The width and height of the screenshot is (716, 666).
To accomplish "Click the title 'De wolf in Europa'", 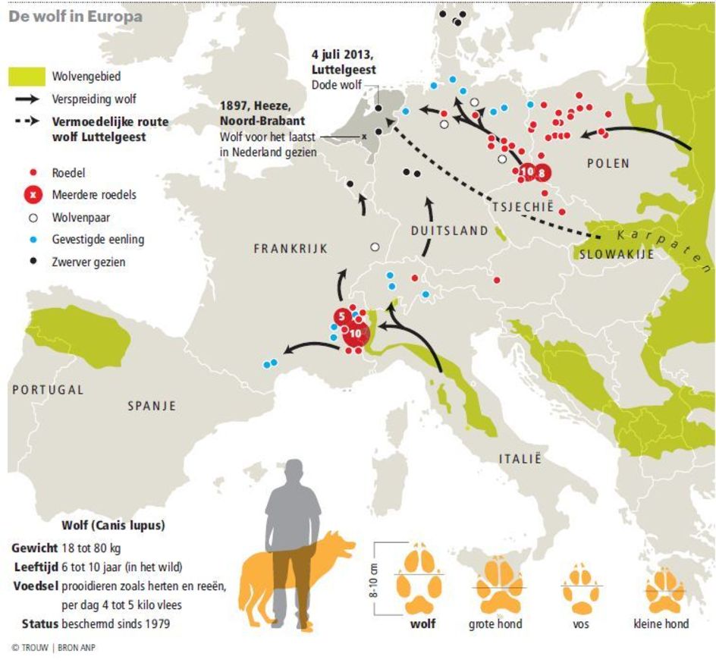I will (x=64, y=16).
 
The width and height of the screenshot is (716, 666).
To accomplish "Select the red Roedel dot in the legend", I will (x=33, y=173).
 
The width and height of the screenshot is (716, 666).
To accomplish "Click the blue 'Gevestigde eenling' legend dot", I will (x=33, y=240).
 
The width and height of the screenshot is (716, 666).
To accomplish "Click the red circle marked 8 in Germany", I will (x=542, y=172).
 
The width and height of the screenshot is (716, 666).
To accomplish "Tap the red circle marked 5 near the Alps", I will (x=342, y=316).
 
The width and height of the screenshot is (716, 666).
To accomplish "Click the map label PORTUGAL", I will (x=48, y=389).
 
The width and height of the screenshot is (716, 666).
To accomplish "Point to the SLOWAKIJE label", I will (x=616, y=255).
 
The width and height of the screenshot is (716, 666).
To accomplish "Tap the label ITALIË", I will (x=520, y=458).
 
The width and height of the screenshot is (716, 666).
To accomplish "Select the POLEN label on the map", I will (x=608, y=164).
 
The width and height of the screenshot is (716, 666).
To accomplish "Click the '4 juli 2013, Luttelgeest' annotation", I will (x=344, y=63).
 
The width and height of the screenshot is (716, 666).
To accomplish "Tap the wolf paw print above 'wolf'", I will (x=422, y=580).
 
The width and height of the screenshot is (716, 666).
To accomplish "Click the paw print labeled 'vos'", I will (x=581, y=589).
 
